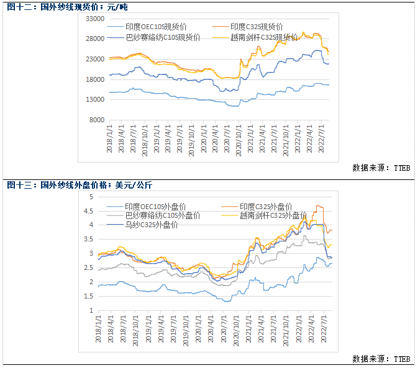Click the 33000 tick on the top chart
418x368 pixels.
click(94, 19)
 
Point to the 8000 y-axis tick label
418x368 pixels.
click(96, 120)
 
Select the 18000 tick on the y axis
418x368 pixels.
click(94, 79)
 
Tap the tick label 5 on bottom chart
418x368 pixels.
click(91, 197)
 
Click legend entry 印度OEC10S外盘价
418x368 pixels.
click(155, 207)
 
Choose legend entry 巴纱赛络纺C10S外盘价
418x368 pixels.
click(162, 215)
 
